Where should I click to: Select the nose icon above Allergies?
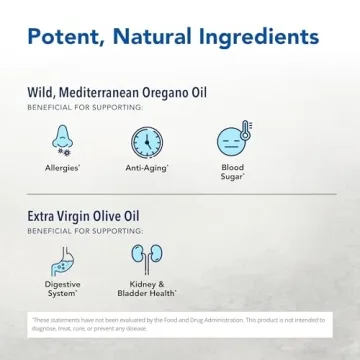coord(62,141)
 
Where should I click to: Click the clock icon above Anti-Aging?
coord(147,141)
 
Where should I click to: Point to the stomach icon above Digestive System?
coord(62,261)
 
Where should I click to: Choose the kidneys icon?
coord(147,261)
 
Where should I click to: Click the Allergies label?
coord(63,168)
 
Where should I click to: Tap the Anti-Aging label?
coord(146,168)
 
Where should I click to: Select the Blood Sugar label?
coord(232,172)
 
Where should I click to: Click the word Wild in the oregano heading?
coord(42,93)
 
